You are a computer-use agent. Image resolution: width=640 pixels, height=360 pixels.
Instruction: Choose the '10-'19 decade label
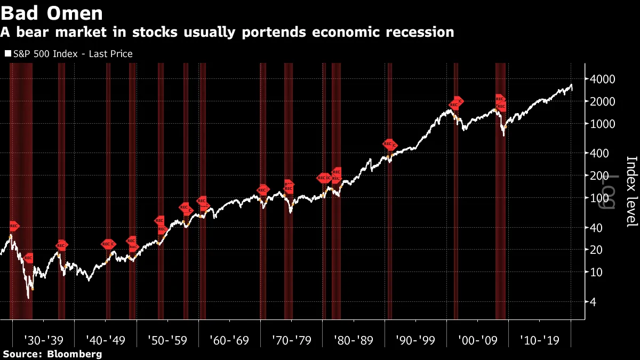pos(539,340)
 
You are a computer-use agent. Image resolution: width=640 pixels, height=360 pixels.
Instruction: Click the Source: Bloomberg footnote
pos(52,354)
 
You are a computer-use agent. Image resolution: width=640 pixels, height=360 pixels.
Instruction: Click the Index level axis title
pos(631,191)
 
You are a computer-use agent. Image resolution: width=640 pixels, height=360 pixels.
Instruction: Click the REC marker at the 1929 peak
pos(14,226)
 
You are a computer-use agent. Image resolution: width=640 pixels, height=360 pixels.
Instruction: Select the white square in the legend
pos(7,54)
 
